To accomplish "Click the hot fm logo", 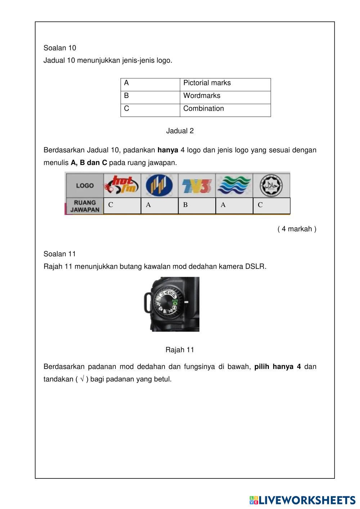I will click(x=122, y=185).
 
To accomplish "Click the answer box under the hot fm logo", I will click(x=122, y=206).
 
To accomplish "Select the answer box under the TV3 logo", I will click(x=197, y=206).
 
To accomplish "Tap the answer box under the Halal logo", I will click(x=271, y=206).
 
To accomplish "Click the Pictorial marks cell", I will click(x=225, y=83).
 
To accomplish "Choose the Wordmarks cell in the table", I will click(x=225, y=96).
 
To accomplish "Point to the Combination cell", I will click(x=225, y=109).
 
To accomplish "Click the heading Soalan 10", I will click(x=60, y=48).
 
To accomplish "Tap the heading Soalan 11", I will click(x=60, y=254).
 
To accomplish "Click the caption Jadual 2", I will click(x=180, y=131).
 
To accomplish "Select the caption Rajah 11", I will click(x=180, y=350).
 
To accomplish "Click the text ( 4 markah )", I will click(x=297, y=229).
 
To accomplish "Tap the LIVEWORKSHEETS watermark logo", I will click(x=302, y=500).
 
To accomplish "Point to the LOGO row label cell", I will click(x=85, y=185).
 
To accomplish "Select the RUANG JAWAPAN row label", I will click(x=85, y=206).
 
